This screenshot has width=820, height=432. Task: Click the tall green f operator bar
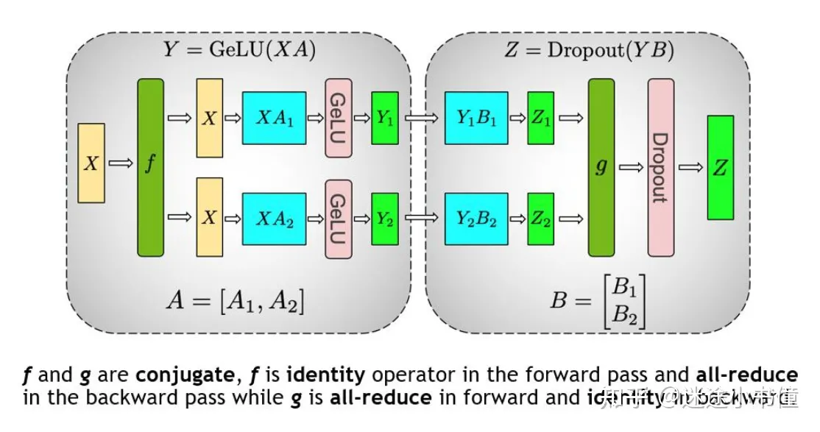[150, 167]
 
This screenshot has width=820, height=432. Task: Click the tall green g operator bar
[601, 167]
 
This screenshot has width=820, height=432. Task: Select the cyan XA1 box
[274, 118]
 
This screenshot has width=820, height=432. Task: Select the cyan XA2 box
[274, 219]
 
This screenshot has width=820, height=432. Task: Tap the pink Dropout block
[660, 167]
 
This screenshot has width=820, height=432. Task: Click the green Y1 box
[384, 118]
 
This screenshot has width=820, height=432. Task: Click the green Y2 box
[384, 219]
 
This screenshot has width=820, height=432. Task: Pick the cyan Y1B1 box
[476, 118]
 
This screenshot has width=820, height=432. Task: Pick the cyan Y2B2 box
[476, 219]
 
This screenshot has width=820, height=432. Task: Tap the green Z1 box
[540, 118]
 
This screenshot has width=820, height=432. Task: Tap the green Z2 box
[540, 219]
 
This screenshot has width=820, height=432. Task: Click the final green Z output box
[720, 167]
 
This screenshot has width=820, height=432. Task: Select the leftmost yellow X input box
[91, 163]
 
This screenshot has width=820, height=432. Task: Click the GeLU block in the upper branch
[339, 118]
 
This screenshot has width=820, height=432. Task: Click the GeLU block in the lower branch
[339, 219]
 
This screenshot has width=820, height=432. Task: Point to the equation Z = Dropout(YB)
[589, 51]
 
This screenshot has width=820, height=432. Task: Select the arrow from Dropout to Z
[690, 168]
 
